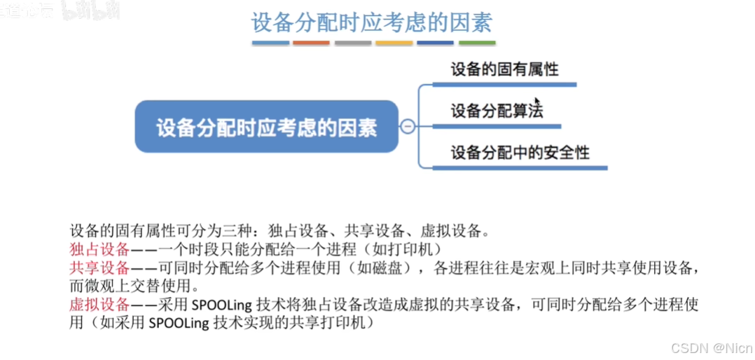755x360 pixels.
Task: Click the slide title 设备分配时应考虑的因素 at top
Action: pos(371,22)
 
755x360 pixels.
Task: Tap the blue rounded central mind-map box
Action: pos(266,127)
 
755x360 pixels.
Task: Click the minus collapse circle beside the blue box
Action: pos(407,127)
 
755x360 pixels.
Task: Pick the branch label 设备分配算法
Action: pos(497,111)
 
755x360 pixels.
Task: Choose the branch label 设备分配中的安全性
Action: pos(520,152)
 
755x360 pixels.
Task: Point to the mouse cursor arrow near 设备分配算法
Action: pos(536,102)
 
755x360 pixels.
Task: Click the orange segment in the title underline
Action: pos(312,43)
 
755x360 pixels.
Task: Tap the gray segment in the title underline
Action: pos(353,43)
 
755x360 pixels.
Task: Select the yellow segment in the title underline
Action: pos(394,43)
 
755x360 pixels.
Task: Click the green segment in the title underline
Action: pos(477,43)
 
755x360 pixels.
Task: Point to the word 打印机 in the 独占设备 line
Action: pos(418,249)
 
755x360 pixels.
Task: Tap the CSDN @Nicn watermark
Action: pos(712,347)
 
